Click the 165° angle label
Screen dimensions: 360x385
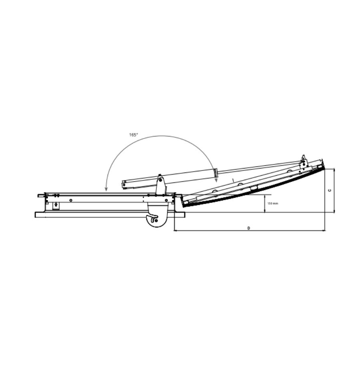click(x=134, y=135)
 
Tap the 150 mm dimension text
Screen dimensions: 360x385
click(x=273, y=204)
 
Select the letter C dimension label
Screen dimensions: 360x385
click(x=330, y=190)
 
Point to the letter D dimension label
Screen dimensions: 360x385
click(x=248, y=228)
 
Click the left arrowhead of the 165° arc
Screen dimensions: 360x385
click(x=106, y=189)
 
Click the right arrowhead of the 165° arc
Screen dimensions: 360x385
click(x=216, y=180)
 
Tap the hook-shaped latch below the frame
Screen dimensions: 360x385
click(x=152, y=218)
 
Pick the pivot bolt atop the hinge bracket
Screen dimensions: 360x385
click(x=160, y=180)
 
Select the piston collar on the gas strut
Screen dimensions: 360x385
click(x=216, y=173)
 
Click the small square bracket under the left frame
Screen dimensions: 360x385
click(x=56, y=206)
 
